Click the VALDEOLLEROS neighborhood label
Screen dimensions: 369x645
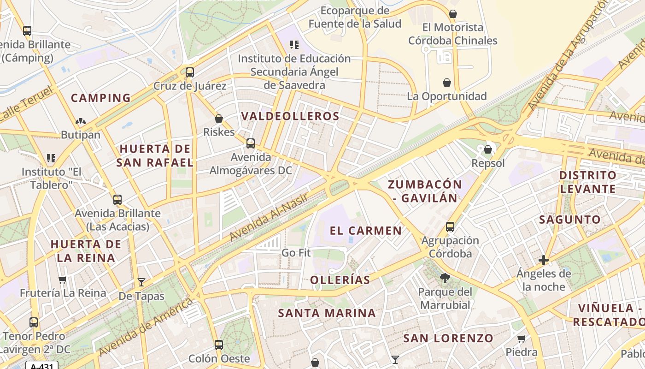[x=290, y=116]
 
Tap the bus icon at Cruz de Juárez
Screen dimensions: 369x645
[x=189, y=72]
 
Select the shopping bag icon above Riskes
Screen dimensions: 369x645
[x=219, y=119]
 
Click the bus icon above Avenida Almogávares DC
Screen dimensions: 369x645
[x=250, y=143]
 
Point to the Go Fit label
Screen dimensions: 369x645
[x=296, y=253]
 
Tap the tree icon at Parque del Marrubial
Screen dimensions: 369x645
[x=445, y=278]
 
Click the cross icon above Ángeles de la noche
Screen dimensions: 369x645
[x=544, y=260]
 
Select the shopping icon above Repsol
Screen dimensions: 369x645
[x=488, y=149]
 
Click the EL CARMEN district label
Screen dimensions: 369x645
[x=366, y=231]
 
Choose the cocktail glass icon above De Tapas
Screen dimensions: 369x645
[x=141, y=282]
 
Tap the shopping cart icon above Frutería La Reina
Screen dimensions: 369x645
[x=63, y=280]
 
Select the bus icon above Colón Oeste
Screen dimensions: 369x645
[x=219, y=345]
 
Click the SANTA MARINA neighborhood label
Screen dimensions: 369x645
[x=327, y=313]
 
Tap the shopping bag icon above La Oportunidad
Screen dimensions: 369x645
[x=446, y=83]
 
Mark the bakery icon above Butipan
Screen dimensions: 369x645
[x=81, y=121]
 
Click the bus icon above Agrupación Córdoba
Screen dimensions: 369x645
[x=450, y=227]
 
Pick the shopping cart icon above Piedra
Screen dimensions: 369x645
[x=522, y=339]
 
